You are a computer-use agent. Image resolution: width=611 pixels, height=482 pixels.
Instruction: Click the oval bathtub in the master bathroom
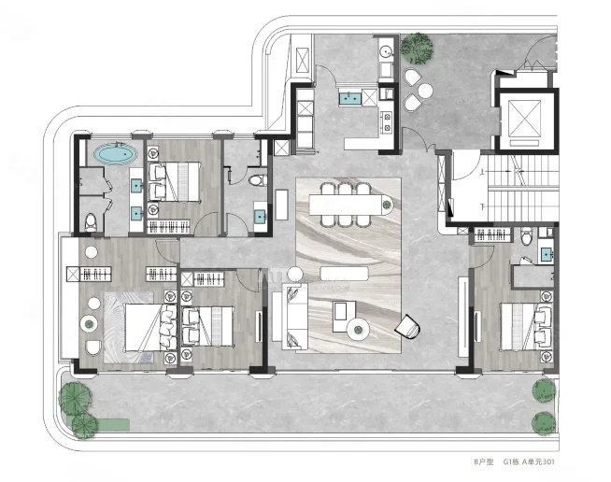115,154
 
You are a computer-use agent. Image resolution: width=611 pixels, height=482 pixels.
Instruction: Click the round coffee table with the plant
358,331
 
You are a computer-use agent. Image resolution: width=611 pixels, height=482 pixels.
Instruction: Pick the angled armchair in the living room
408,327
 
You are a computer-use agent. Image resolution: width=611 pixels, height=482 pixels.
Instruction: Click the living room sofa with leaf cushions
294,315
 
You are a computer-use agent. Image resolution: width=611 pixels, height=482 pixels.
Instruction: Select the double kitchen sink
349,98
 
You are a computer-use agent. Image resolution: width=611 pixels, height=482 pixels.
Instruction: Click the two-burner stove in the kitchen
387,121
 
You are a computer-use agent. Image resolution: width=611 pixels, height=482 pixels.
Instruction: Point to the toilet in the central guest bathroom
258,180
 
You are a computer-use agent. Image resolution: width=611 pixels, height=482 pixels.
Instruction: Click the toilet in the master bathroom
91,222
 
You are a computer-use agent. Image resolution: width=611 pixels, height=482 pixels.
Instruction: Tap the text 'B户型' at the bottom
484,461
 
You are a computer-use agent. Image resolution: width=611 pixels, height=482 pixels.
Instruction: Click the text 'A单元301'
538,461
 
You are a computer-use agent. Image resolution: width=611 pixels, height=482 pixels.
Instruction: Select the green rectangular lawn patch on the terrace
113,424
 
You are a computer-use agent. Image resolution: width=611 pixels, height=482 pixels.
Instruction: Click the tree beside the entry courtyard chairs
417,49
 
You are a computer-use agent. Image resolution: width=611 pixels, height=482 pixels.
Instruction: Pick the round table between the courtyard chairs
425,91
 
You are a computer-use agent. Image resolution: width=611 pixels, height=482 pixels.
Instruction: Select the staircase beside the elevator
521,188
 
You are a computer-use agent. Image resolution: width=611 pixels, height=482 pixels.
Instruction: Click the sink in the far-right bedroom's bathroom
546,255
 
